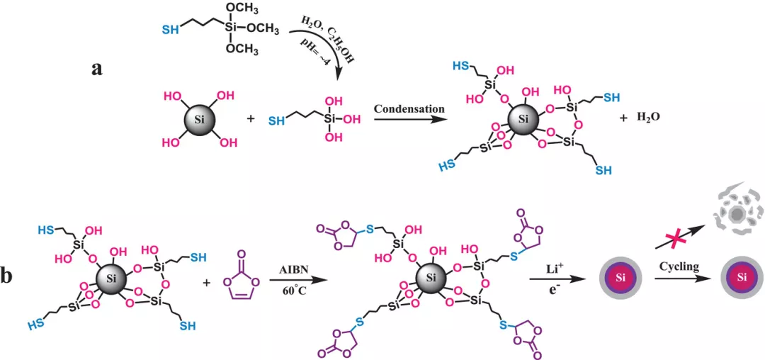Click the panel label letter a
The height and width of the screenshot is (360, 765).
coord(99,69)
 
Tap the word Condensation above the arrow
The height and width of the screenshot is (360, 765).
coord(409,108)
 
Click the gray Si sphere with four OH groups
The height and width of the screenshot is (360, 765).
coord(198,119)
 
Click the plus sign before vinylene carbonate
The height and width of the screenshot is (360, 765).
coord(207,282)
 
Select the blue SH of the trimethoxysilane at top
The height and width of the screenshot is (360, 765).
coord(170,30)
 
